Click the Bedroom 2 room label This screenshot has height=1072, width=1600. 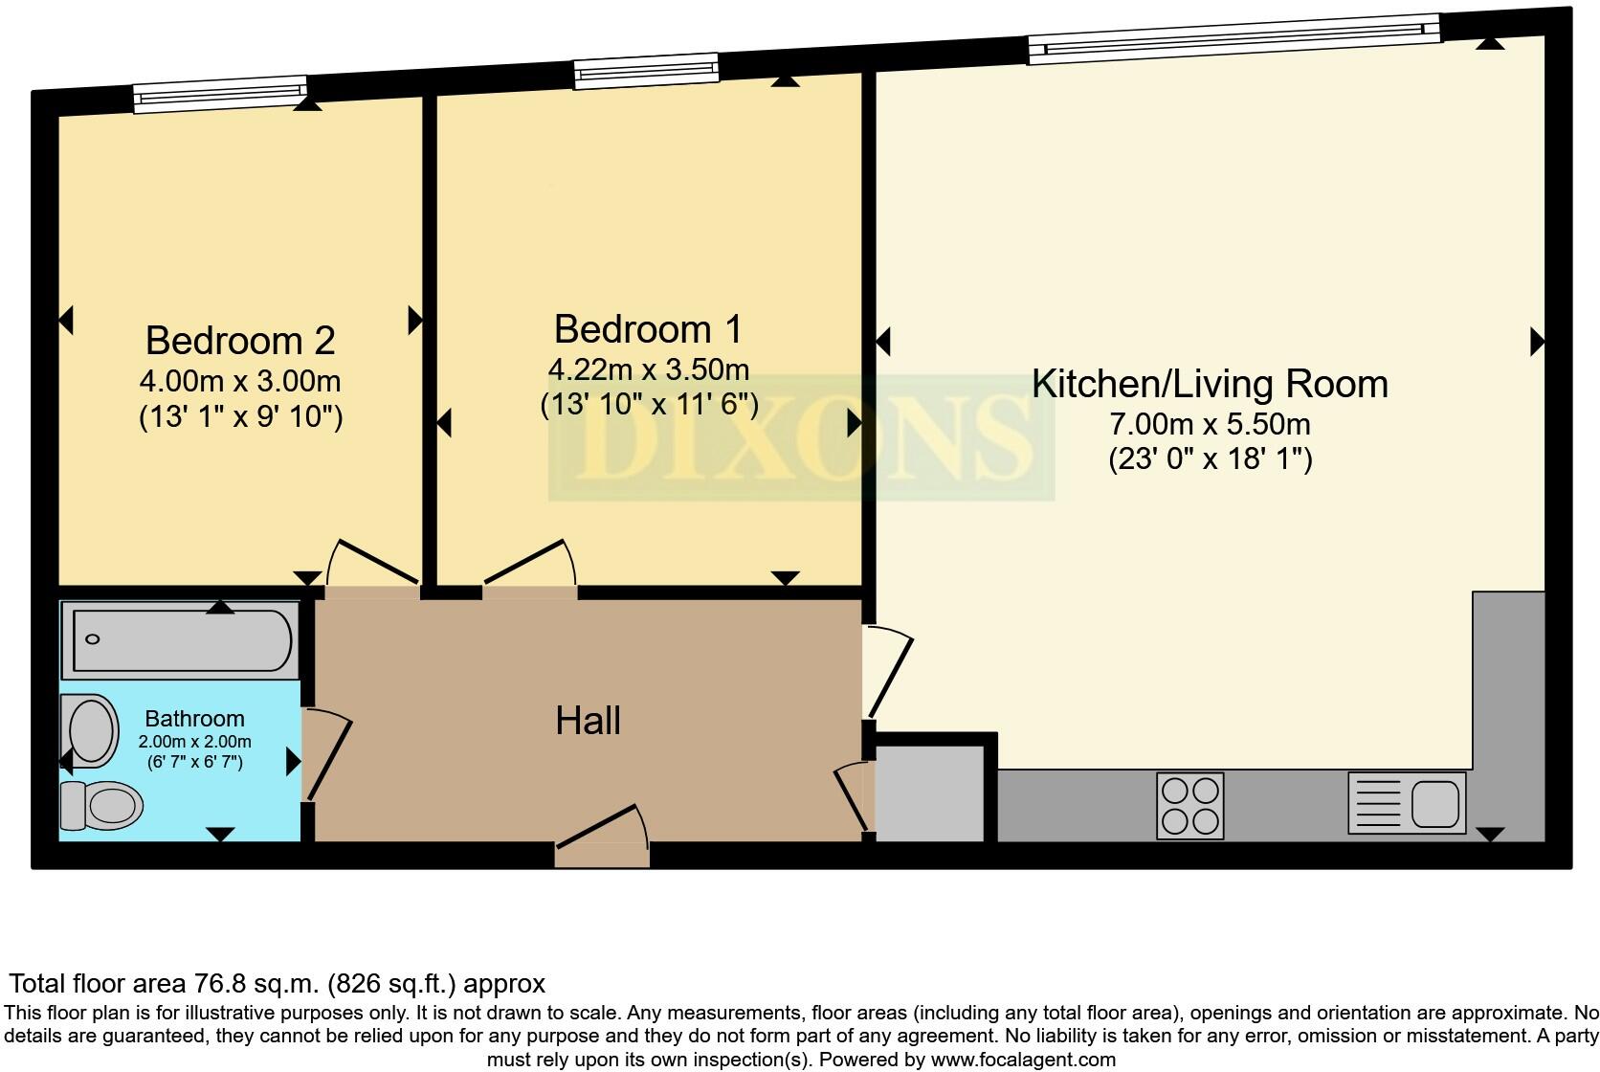click(240, 340)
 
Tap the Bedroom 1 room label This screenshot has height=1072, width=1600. click(648, 329)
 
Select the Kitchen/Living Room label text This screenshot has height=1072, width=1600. click(1210, 384)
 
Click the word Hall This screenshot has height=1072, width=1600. click(588, 721)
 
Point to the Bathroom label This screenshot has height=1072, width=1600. click(194, 719)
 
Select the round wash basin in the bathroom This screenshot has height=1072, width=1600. click(92, 729)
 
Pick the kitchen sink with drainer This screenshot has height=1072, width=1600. click(1407, 802)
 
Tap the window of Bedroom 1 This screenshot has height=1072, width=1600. click(646, 70)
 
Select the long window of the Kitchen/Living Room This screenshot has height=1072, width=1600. click(1234, 38)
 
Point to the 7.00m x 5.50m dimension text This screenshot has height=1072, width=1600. click(1210, 423)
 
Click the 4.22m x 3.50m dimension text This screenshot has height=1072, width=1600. click(648, 369)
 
